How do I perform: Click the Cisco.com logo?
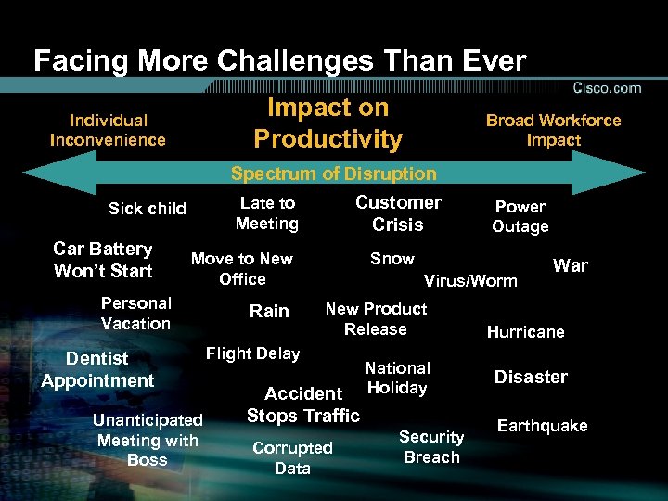(x=607, y=88)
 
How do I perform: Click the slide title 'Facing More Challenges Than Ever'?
(x=279, y=61)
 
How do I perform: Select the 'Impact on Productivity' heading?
(x=328, y=123)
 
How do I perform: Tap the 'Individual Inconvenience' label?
(x=108, y=130)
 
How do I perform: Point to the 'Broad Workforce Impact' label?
(x=553, y=130)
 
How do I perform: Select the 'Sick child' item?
(x=148, y=209)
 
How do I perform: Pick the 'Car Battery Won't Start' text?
(x=103, y=260)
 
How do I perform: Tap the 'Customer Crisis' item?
(x=398, y=213)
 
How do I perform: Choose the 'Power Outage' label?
(x=520, y=216)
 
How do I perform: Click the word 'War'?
(x=570, y=265)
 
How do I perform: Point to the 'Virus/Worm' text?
(x=470, y=281)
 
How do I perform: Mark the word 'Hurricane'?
(x=525, y=332)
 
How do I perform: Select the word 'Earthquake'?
(x=542, y=426)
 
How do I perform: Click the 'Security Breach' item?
(x=431, y=446)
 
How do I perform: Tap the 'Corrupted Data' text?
(x=292, y=457)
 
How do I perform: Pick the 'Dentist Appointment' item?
(x=97, y=369)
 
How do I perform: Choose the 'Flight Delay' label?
(x=252, y=353)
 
